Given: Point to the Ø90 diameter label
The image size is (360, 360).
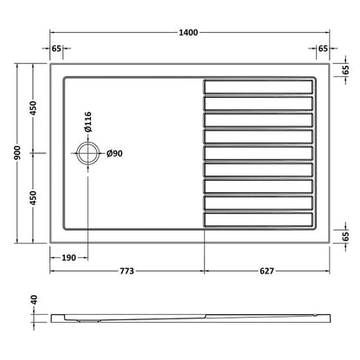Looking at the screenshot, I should click(113, 153).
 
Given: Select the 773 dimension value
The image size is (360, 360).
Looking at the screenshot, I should click(125, 273).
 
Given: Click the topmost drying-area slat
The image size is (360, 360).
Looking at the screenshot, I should click(258, 87).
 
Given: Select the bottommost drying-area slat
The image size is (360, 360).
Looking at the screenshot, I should click(258, 220).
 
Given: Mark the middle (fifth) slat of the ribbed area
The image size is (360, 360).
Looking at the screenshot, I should click(258, 153).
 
